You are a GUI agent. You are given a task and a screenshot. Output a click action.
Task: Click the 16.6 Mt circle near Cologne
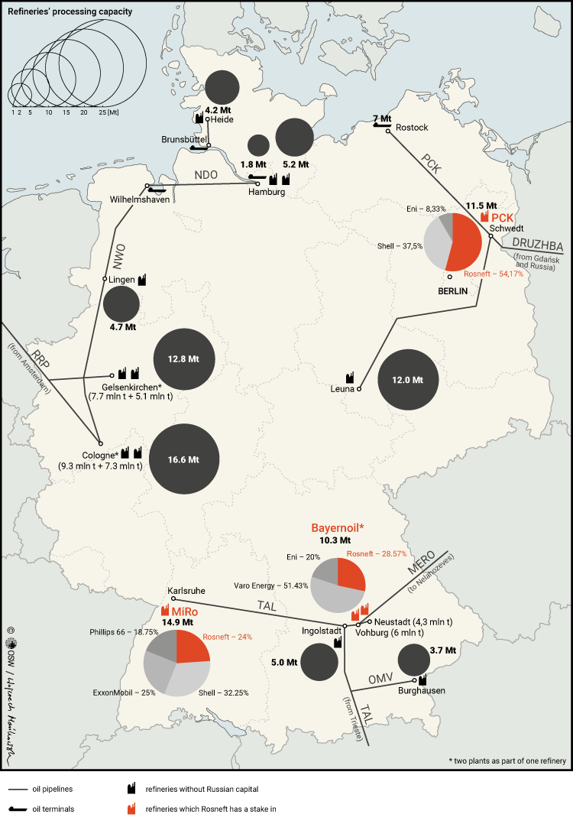pos(184,459)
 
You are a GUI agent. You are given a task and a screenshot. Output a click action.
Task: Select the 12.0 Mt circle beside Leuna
pos(409,379)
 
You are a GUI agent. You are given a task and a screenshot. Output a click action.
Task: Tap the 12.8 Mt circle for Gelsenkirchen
pos(184,359)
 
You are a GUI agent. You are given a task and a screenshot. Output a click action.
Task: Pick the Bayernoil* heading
pos(337,528)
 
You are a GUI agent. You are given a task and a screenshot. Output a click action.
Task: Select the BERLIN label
pos(452,290)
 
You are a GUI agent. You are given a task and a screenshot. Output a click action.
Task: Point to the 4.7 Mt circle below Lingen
pos(121,304)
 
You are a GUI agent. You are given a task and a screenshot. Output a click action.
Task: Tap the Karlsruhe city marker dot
pos(173,599)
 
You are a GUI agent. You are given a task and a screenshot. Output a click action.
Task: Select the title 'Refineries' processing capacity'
pos(65,12)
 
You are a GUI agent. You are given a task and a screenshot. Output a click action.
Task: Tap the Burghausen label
pos(422,691)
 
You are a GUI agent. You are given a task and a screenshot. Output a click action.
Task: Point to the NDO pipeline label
pos(206,175)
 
